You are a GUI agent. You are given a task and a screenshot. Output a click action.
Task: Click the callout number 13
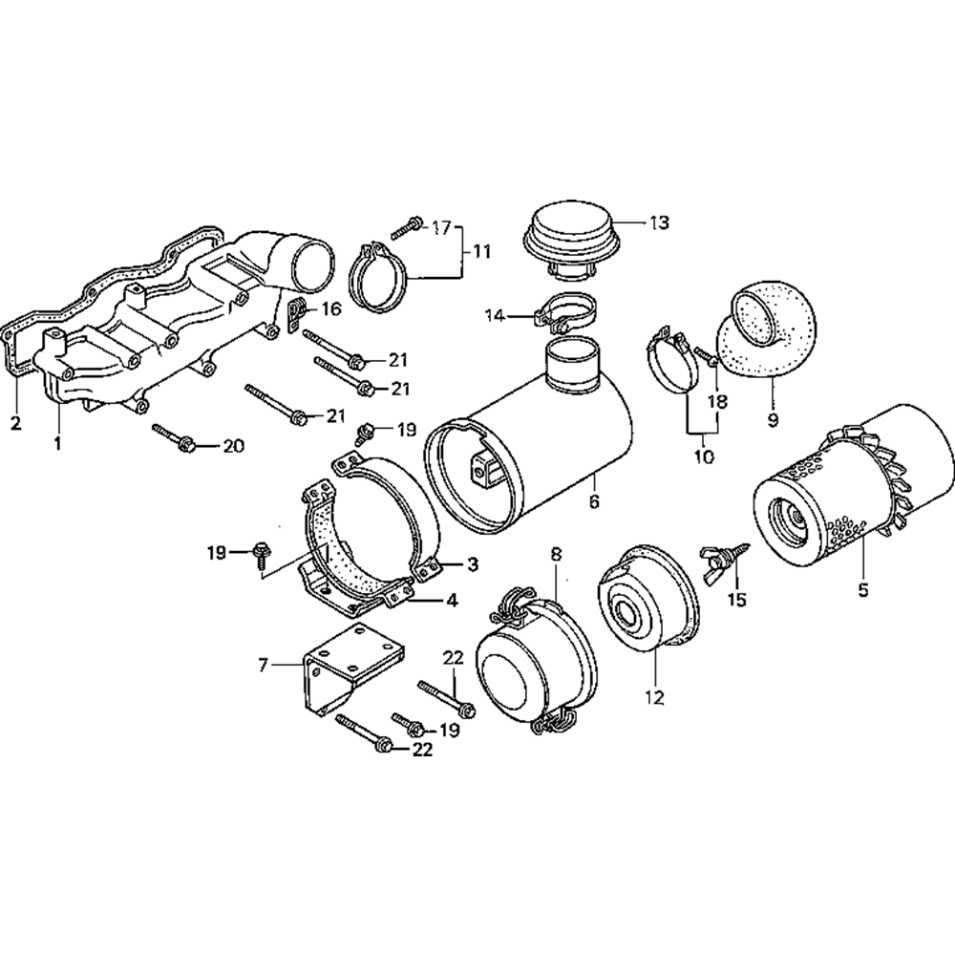pyautogui.click(x=658, y=223)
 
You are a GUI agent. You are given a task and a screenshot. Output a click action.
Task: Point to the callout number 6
pyautogui.click(x=594, y=502)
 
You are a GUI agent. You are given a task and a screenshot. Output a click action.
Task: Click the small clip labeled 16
pyautogui.click(x=295, y=314)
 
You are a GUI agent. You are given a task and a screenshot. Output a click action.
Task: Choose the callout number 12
pyautogui.click(x=655, y=697)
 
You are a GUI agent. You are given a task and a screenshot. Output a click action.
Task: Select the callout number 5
pyautogui.click(x=862, y=590)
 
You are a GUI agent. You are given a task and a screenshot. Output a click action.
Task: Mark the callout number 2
pyautogui.click(x=16, y=423)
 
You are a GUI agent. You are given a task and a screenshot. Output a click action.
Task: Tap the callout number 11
pyautogui.click(x=481, y=251)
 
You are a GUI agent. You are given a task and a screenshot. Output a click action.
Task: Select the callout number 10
pyautogui.click(x=704, y=456)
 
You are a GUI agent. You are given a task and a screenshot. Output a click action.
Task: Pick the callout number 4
pyautogui.click(x=452, y=601)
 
